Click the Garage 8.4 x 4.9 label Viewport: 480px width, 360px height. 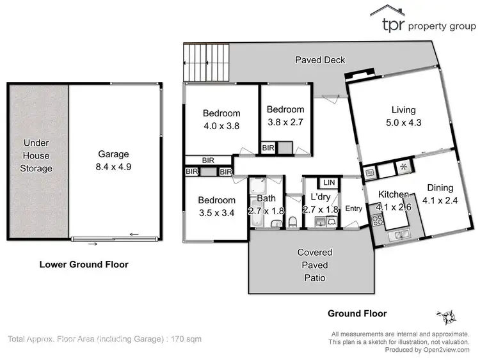[x=113, y=159]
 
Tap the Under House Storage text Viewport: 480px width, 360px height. [x=36, y=155]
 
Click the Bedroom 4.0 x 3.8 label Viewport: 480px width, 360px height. [x=221, y=120]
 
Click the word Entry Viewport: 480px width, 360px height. [x=353, y=208]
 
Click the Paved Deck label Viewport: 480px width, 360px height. [x=320, y=60]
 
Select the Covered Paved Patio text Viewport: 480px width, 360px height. [x=314, y=265]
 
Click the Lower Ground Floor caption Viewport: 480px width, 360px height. [x=84, y=264]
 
